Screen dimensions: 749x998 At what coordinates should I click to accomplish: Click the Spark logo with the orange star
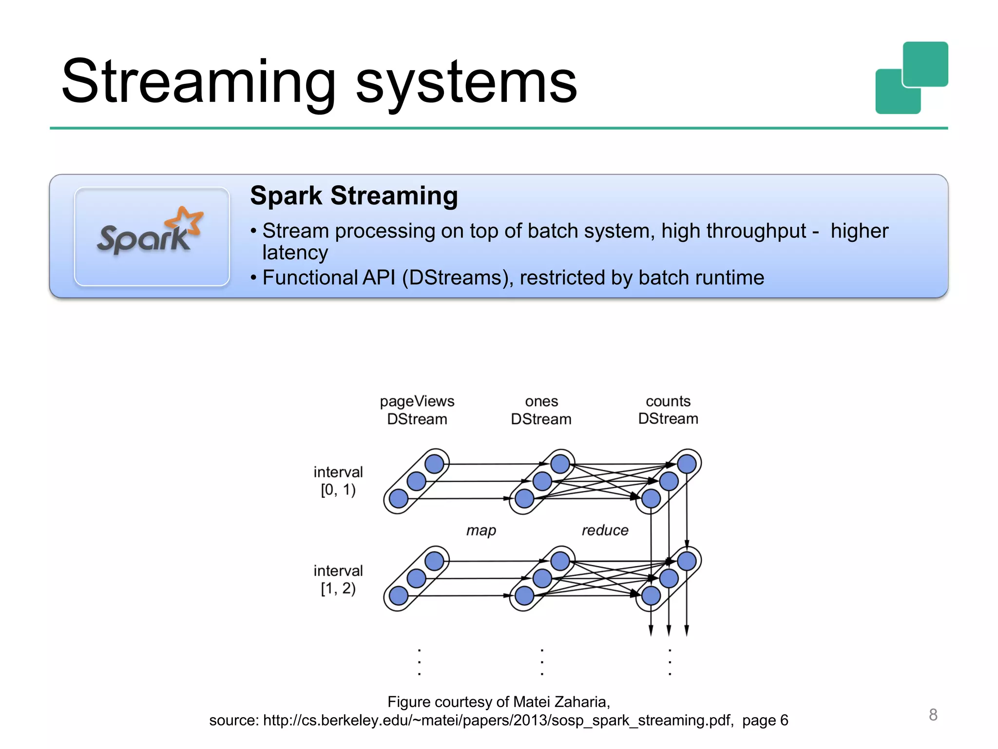151,233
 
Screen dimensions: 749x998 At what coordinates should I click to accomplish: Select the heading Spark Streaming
354,196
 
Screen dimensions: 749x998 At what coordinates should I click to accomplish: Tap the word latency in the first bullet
295,253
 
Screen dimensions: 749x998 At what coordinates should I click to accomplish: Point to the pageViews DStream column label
417,410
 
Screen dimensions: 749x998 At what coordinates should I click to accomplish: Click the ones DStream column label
541,410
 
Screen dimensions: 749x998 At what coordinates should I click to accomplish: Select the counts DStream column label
668,410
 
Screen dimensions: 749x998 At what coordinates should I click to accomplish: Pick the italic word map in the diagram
481,530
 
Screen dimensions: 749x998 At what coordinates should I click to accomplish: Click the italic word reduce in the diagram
605,530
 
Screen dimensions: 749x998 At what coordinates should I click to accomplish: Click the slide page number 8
933,714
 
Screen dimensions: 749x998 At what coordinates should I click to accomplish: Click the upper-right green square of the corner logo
925,64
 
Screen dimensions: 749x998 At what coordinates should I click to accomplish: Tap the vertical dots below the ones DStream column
542,662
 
